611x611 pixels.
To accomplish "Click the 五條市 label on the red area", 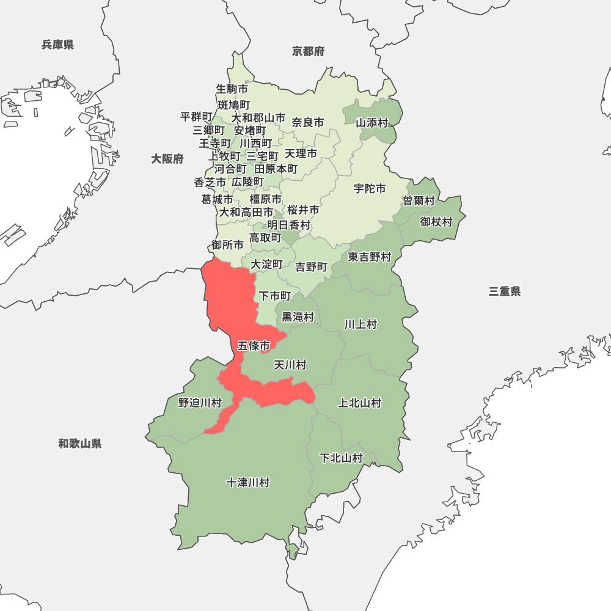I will [254, 346].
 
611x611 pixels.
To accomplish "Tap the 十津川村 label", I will [247, 483].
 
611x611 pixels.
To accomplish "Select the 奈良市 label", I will [308, 122].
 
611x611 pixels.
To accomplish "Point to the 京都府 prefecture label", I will [309, 51].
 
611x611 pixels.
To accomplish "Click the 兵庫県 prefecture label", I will [58, 44].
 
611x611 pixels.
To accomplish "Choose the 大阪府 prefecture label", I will [167, 159].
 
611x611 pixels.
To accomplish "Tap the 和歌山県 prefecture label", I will [80, 444].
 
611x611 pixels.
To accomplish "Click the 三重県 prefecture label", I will [505, 291].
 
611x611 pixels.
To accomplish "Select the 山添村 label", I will [372, 122].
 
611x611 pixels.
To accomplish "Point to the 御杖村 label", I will [436, 222].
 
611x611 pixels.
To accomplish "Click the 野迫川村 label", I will [200, 403].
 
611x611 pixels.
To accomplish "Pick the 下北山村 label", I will [342, 458].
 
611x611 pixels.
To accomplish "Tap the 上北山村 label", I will [360, 403].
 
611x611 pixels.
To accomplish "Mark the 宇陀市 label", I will [370, 189].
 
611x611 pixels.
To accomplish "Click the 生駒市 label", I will [232, 89].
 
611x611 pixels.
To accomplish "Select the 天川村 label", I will [290, 365].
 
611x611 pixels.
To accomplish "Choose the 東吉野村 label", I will [370, 257].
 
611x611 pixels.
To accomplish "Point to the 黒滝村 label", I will [298, 317].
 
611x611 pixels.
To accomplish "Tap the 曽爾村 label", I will [419, 201].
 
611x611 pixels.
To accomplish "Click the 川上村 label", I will [360, 324].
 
